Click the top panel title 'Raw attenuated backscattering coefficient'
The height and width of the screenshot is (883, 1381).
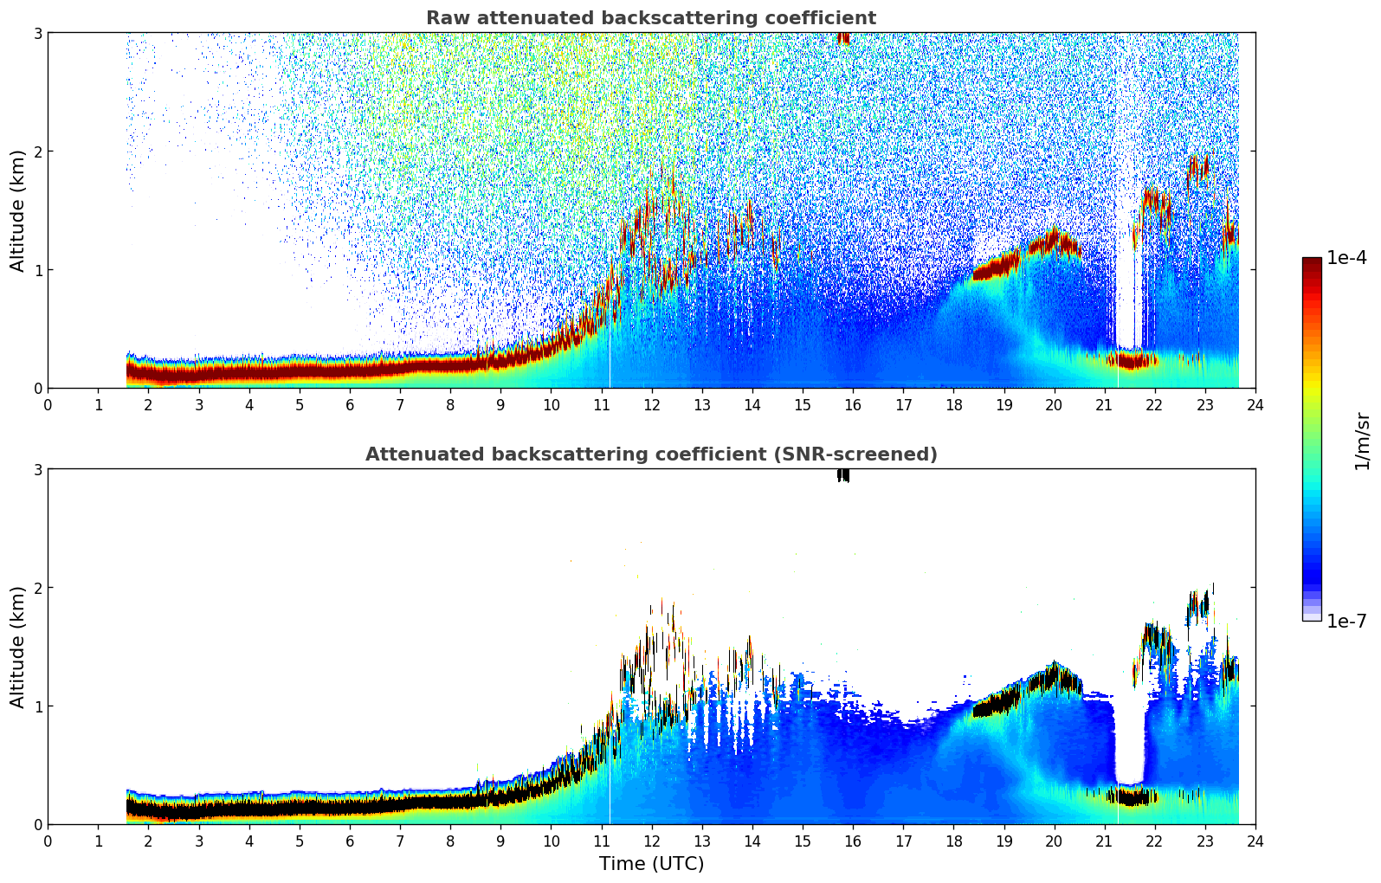(650, 18)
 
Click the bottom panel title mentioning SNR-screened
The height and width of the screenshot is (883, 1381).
(650, 454)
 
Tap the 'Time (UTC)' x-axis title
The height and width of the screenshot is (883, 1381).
(651, 863)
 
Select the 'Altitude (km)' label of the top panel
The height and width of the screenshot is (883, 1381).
(18, 210)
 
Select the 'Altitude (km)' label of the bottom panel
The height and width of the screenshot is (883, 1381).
(18, 647)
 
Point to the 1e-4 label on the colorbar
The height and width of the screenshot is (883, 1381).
(1346, 258)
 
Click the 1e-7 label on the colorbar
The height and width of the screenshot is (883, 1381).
(1346, 621)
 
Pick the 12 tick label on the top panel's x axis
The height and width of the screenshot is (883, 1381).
(651, 404)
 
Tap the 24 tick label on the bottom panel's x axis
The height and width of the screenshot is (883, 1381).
(1255, 841)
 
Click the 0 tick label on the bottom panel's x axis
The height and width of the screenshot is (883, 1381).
(48, 841)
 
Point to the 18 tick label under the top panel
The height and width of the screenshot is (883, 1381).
(953, 404)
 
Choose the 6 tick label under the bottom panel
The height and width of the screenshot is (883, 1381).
(350, 841)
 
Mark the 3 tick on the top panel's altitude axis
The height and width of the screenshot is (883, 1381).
(37, 33)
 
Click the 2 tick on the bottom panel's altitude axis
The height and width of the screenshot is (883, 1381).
(37, 588)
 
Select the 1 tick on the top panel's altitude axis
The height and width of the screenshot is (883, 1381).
(37, 270)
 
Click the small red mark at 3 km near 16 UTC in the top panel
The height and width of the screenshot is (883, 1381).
(843, 38)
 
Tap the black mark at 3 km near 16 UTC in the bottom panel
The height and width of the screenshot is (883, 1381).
(842, 474)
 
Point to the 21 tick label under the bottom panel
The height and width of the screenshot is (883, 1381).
(1104, 841)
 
